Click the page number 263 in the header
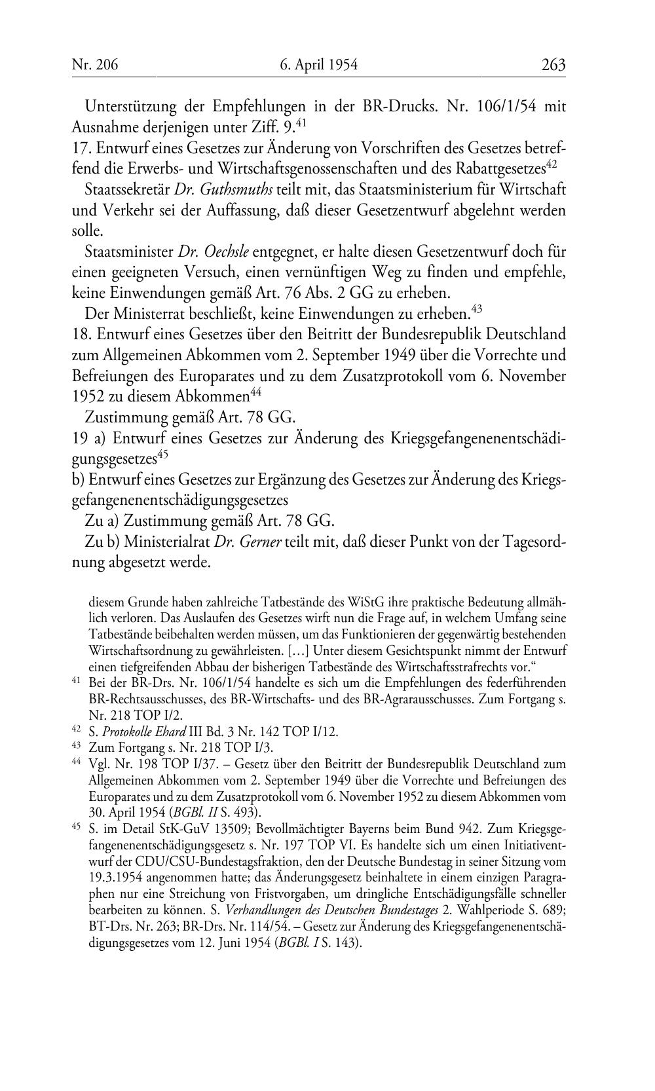[553, 65]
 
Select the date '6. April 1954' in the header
[318, 65]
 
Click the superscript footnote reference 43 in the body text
[476, 306]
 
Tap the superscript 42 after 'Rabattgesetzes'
[552, 164]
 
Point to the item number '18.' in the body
[81, 334]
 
